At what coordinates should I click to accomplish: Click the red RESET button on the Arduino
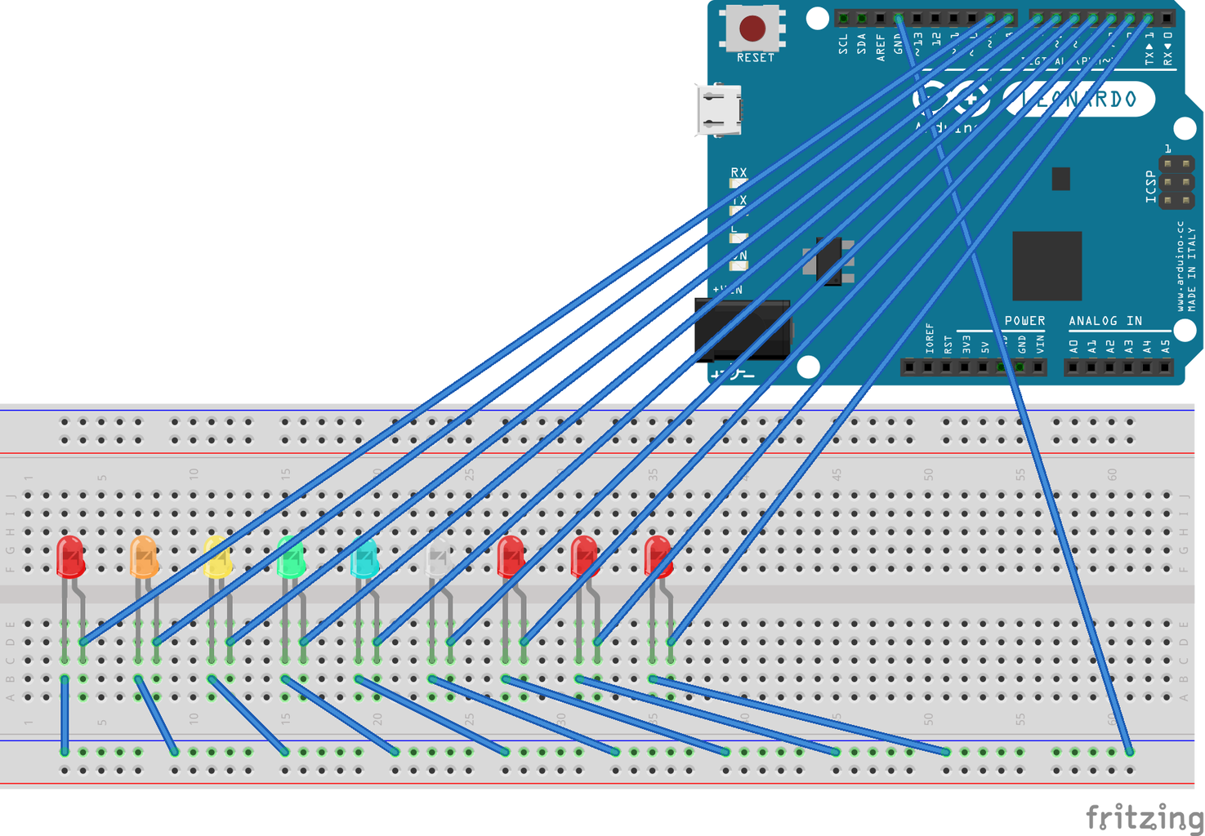pyautogui.click(x=752, y=29)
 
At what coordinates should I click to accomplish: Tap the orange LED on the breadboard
pyautogui.click(x=144, y=557)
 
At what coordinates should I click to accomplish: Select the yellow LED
pyautogui.click(x=217, y=558)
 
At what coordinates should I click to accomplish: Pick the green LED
pyautogui.click(x=291, y=557)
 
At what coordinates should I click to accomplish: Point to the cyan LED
pyautogui.click(x=364, y=558)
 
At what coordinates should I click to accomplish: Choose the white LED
pyautogui.click(x=438, y=558)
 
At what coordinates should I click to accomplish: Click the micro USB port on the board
pyautogui.click(x=719, y=109)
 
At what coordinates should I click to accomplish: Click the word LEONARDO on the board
pyautogui.click(x=1080, y=100)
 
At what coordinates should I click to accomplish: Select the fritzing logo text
pyautogui.click(x=1144, y=816)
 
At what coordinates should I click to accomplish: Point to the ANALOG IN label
pyautogui.click(x=1105, y=321)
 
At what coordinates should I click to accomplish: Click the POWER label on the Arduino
pyautogui.click(x=1024, y=321)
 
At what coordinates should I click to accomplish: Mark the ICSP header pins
pyautogui.click(x=1176, y=181)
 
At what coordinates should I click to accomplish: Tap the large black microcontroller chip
pyautogui.click(x=1047, y=265)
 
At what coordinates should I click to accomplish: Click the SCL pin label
pyautogui.click(x=843, y=44)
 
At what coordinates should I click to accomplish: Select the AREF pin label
pyautogui.click(x=880, y=47)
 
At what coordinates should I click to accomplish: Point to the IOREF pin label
pyautogui.click(x=930, y=338)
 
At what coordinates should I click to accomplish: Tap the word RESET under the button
pyautogui.click(x=755, y=58)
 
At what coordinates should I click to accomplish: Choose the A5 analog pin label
pyautogui.click(x=1165, y=346)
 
